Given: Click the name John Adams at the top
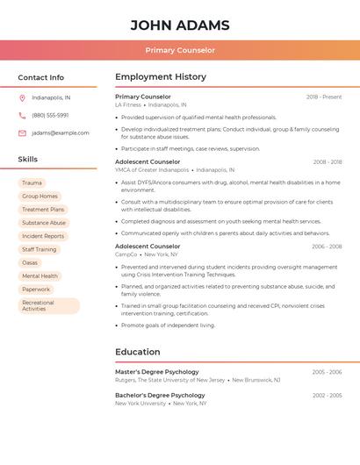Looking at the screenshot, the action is (180, 25).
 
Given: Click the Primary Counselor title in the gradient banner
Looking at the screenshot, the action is (180, 50).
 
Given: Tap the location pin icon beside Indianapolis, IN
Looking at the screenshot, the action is (22, 97).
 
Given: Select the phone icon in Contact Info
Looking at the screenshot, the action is (22, 115).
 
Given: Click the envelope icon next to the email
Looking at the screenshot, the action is (22, 133).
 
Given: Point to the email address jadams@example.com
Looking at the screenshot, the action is (61, 133).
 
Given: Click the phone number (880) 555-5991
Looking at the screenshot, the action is (50, 115).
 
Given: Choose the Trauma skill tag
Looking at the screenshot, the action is (32, 183).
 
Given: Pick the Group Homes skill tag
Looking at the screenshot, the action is (40, 197).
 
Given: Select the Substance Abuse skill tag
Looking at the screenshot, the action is (44, 223).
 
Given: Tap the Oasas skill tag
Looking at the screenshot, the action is (30, 262).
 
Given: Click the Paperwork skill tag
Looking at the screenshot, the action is (36, 289).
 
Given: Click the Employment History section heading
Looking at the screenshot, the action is (161, 77).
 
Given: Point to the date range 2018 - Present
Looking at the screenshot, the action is (324, 97).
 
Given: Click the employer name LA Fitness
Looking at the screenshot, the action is (127, 105).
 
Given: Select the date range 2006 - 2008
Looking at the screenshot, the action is (327, 247).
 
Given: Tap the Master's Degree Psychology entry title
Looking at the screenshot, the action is (157, 372).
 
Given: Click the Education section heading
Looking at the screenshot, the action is (138, 352).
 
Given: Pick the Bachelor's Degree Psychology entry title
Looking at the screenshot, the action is (160, 395).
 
